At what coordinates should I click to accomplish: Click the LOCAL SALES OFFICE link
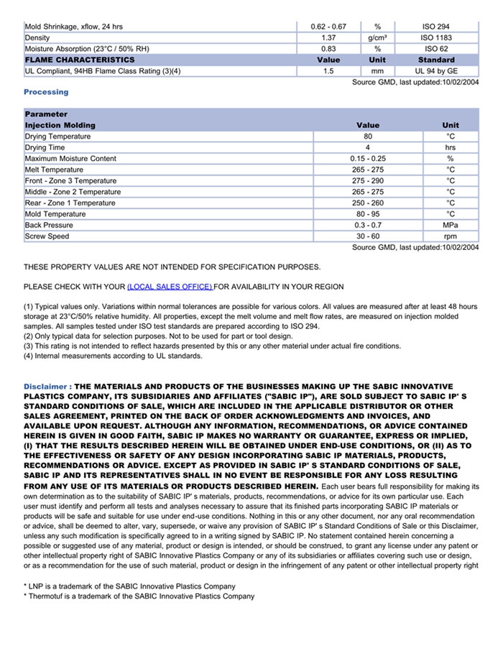click(x=170, y=287)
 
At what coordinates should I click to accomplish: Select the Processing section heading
click(x=46, y=92)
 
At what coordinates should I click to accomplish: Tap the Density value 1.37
click(x=328, y=37)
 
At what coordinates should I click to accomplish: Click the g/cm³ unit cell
click(x=377, y=37)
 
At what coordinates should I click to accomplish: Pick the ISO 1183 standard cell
click(x=436, y=37)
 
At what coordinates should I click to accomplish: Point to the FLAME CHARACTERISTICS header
click(x=80, y=60)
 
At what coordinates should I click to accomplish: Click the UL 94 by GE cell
click(x=436, y=71)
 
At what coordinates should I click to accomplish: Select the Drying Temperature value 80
click(x=368, y=137)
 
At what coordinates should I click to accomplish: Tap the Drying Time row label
click(x=46, y=147)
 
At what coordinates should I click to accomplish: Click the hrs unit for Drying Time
click(x=451, y=147)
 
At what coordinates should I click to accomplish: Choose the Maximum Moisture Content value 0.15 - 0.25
click(x=368, y=159)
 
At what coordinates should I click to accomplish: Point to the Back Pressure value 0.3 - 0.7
click(x=368, y=225)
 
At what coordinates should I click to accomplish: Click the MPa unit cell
click(x=451, y=225)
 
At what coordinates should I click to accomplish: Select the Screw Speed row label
click(x=47, y=236)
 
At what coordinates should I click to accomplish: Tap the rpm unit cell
click(x=451, y=236)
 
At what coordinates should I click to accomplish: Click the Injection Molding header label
click(x=60, y=125)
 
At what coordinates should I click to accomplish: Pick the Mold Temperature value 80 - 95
click(x=368, y=214)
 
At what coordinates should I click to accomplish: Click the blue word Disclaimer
click(x=46, y=387)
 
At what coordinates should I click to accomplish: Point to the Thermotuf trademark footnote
click(x=140, y=596)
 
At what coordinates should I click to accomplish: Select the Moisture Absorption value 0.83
click(x=328, y=49)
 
